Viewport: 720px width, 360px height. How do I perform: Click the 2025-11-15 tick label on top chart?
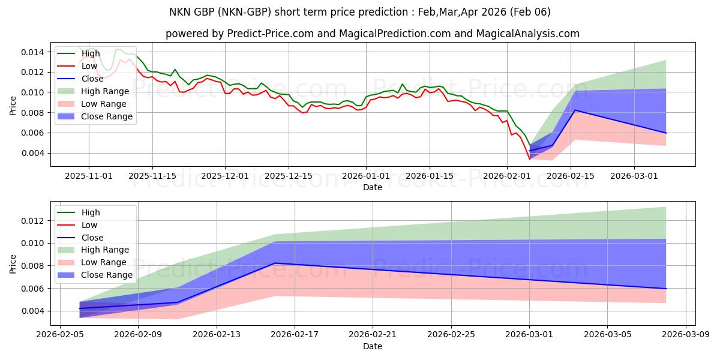152,176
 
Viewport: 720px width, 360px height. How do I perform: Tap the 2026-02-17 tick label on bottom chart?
295,335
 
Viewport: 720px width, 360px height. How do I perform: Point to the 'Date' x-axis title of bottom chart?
372,346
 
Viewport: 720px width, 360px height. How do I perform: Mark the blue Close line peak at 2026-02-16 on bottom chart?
275,263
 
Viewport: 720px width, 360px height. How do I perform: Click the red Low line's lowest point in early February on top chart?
529,159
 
